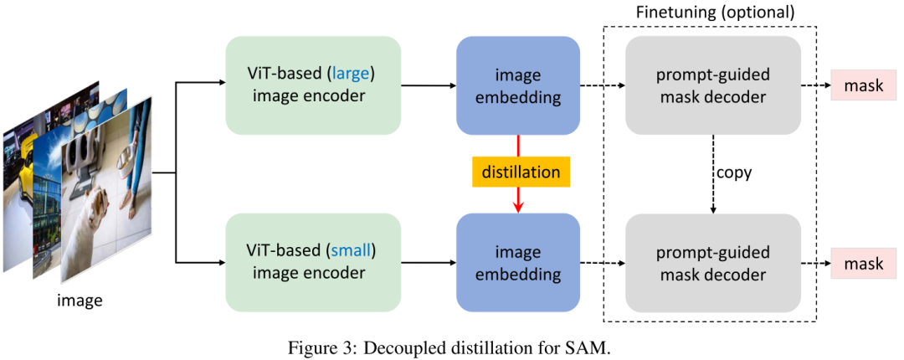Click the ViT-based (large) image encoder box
pos(312,85)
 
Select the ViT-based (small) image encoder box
pos(312,262)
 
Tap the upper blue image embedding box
pos(518,85)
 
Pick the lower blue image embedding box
pos(518,262)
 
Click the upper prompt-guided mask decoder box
pos(712,85)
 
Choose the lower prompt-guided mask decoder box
pos(712,262)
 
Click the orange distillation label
pos(520,172)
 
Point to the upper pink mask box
pos(863,86)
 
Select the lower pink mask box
pos(863,264)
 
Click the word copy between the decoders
pos(733,173)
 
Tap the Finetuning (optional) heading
pos(712,13)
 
